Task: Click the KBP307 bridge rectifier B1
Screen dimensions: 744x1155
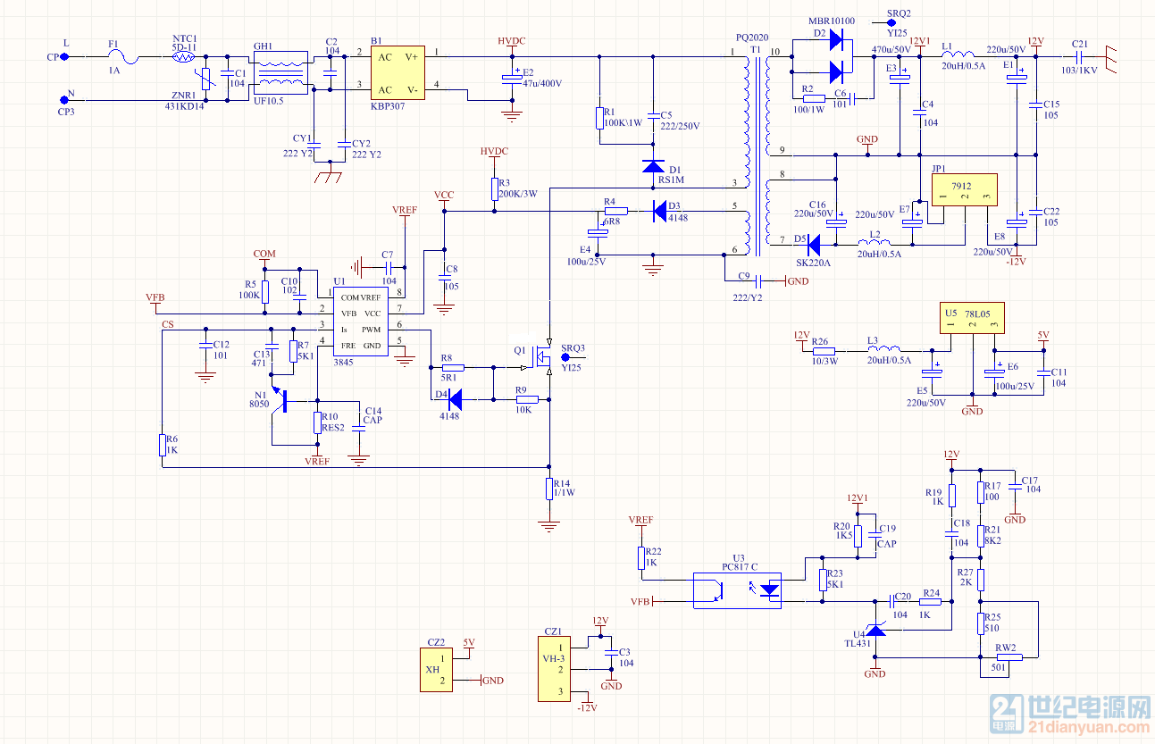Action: (398, 73)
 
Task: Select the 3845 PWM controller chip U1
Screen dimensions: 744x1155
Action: (361, 322)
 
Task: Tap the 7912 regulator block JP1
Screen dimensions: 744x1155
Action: (964, 190)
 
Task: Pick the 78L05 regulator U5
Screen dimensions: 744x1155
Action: (971, 318)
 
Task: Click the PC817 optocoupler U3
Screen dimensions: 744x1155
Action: (738, 590)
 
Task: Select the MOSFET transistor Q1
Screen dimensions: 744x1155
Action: (543, 355)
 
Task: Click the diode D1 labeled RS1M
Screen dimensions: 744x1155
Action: (653, 167)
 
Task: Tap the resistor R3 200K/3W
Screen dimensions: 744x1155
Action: (494, 189)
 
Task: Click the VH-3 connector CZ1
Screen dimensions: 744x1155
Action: (554, 669)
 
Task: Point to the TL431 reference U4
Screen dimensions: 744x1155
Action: (875, 630)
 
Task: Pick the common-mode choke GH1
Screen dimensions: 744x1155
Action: (281, 72)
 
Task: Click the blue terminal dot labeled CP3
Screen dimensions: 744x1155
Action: (64, 100)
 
